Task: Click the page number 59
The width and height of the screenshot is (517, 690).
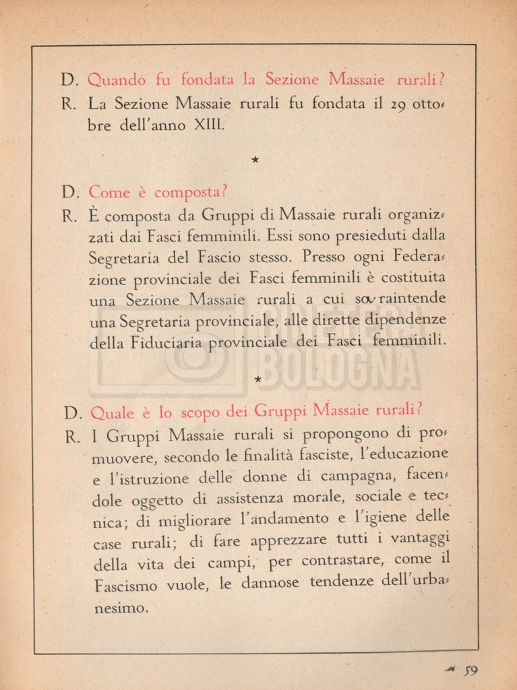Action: tap(471, 670)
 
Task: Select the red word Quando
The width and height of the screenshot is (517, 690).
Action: tap(117, 80)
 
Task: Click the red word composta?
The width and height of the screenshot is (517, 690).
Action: tap(191, 193)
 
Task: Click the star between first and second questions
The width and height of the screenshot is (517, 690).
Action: tap(255, 160)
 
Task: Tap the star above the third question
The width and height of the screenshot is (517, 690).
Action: tap(257, 379)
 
